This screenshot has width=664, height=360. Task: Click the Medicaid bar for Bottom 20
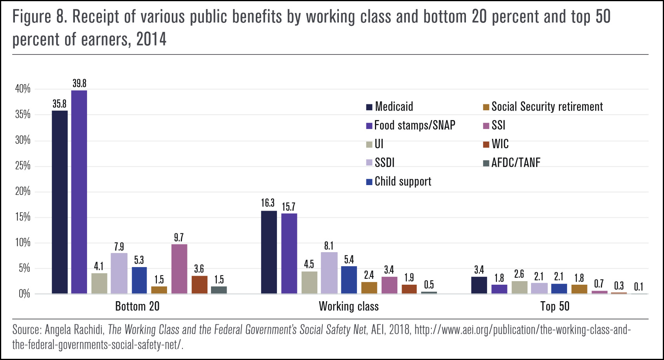point(60,202)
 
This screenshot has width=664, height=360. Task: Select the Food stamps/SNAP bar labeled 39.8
point(79,192)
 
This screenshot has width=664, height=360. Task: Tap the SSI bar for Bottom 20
point(179,269)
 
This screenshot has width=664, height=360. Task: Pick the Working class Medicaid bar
point(269,252)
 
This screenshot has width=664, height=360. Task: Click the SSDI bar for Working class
point(329,273)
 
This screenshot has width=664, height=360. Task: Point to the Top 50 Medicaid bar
point(479,285)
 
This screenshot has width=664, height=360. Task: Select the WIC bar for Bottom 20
point(200,285)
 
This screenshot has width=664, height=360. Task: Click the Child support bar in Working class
point(349,280)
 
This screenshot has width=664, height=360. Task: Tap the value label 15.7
point(289,207)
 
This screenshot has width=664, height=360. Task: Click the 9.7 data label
point(179,238)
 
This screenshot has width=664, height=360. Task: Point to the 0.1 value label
point(639,287)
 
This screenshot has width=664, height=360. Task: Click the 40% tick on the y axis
point(23,89)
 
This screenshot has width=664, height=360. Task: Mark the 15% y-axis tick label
point(23,217)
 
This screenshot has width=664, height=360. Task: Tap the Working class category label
point(349,306)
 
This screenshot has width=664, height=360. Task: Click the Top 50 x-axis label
point(555,306)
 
